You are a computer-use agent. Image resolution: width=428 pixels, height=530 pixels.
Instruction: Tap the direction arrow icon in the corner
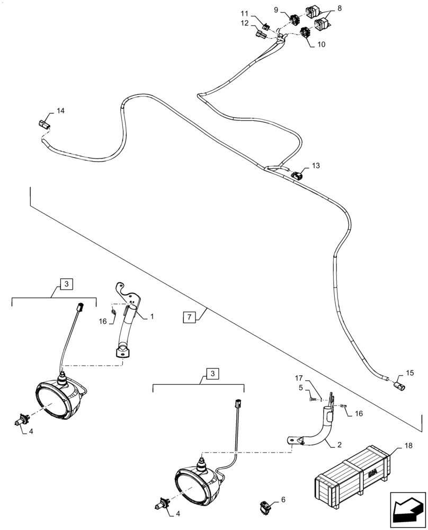click(407, 511)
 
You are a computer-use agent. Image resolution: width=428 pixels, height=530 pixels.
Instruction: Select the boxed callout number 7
click(189, 317)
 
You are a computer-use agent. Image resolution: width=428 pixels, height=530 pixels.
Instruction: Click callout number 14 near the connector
click(61, 111)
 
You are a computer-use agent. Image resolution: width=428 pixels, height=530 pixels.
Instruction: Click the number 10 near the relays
click(322, 45)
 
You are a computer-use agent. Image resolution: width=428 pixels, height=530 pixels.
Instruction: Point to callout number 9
click(290, 9)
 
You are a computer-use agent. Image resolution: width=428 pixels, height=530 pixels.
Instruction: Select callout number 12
click(244, 23)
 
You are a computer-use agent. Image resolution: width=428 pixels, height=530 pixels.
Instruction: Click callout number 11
click(244, 13)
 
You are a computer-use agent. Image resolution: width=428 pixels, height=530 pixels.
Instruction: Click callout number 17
click(298, 378)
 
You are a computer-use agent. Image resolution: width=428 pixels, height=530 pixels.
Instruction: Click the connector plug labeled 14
click(45, 126)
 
